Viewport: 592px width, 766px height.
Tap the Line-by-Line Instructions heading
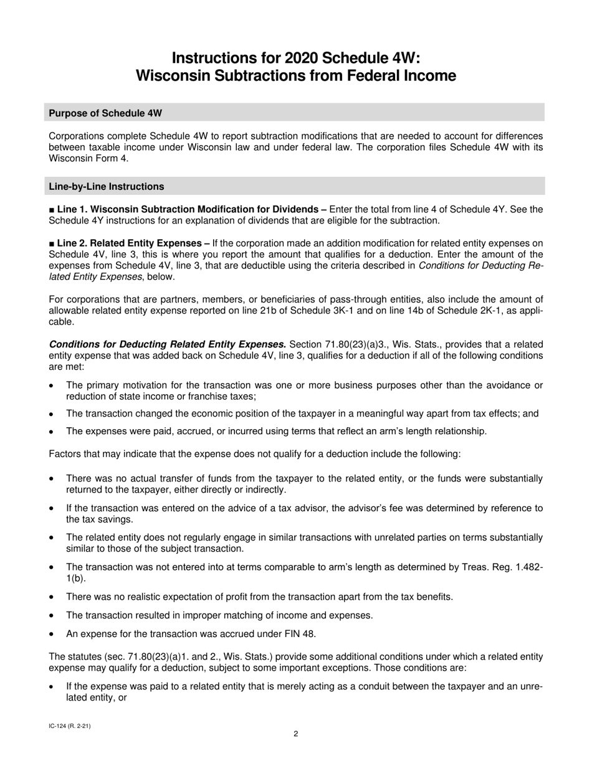(x=107, y=186)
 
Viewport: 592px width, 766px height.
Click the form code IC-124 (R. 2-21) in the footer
(x=70, y=726)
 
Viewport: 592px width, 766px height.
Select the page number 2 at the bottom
(x=296, y=734)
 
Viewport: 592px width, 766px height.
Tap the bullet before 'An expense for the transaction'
(x=52, y=634)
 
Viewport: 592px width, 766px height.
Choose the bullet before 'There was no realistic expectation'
(x=52, y=597)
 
